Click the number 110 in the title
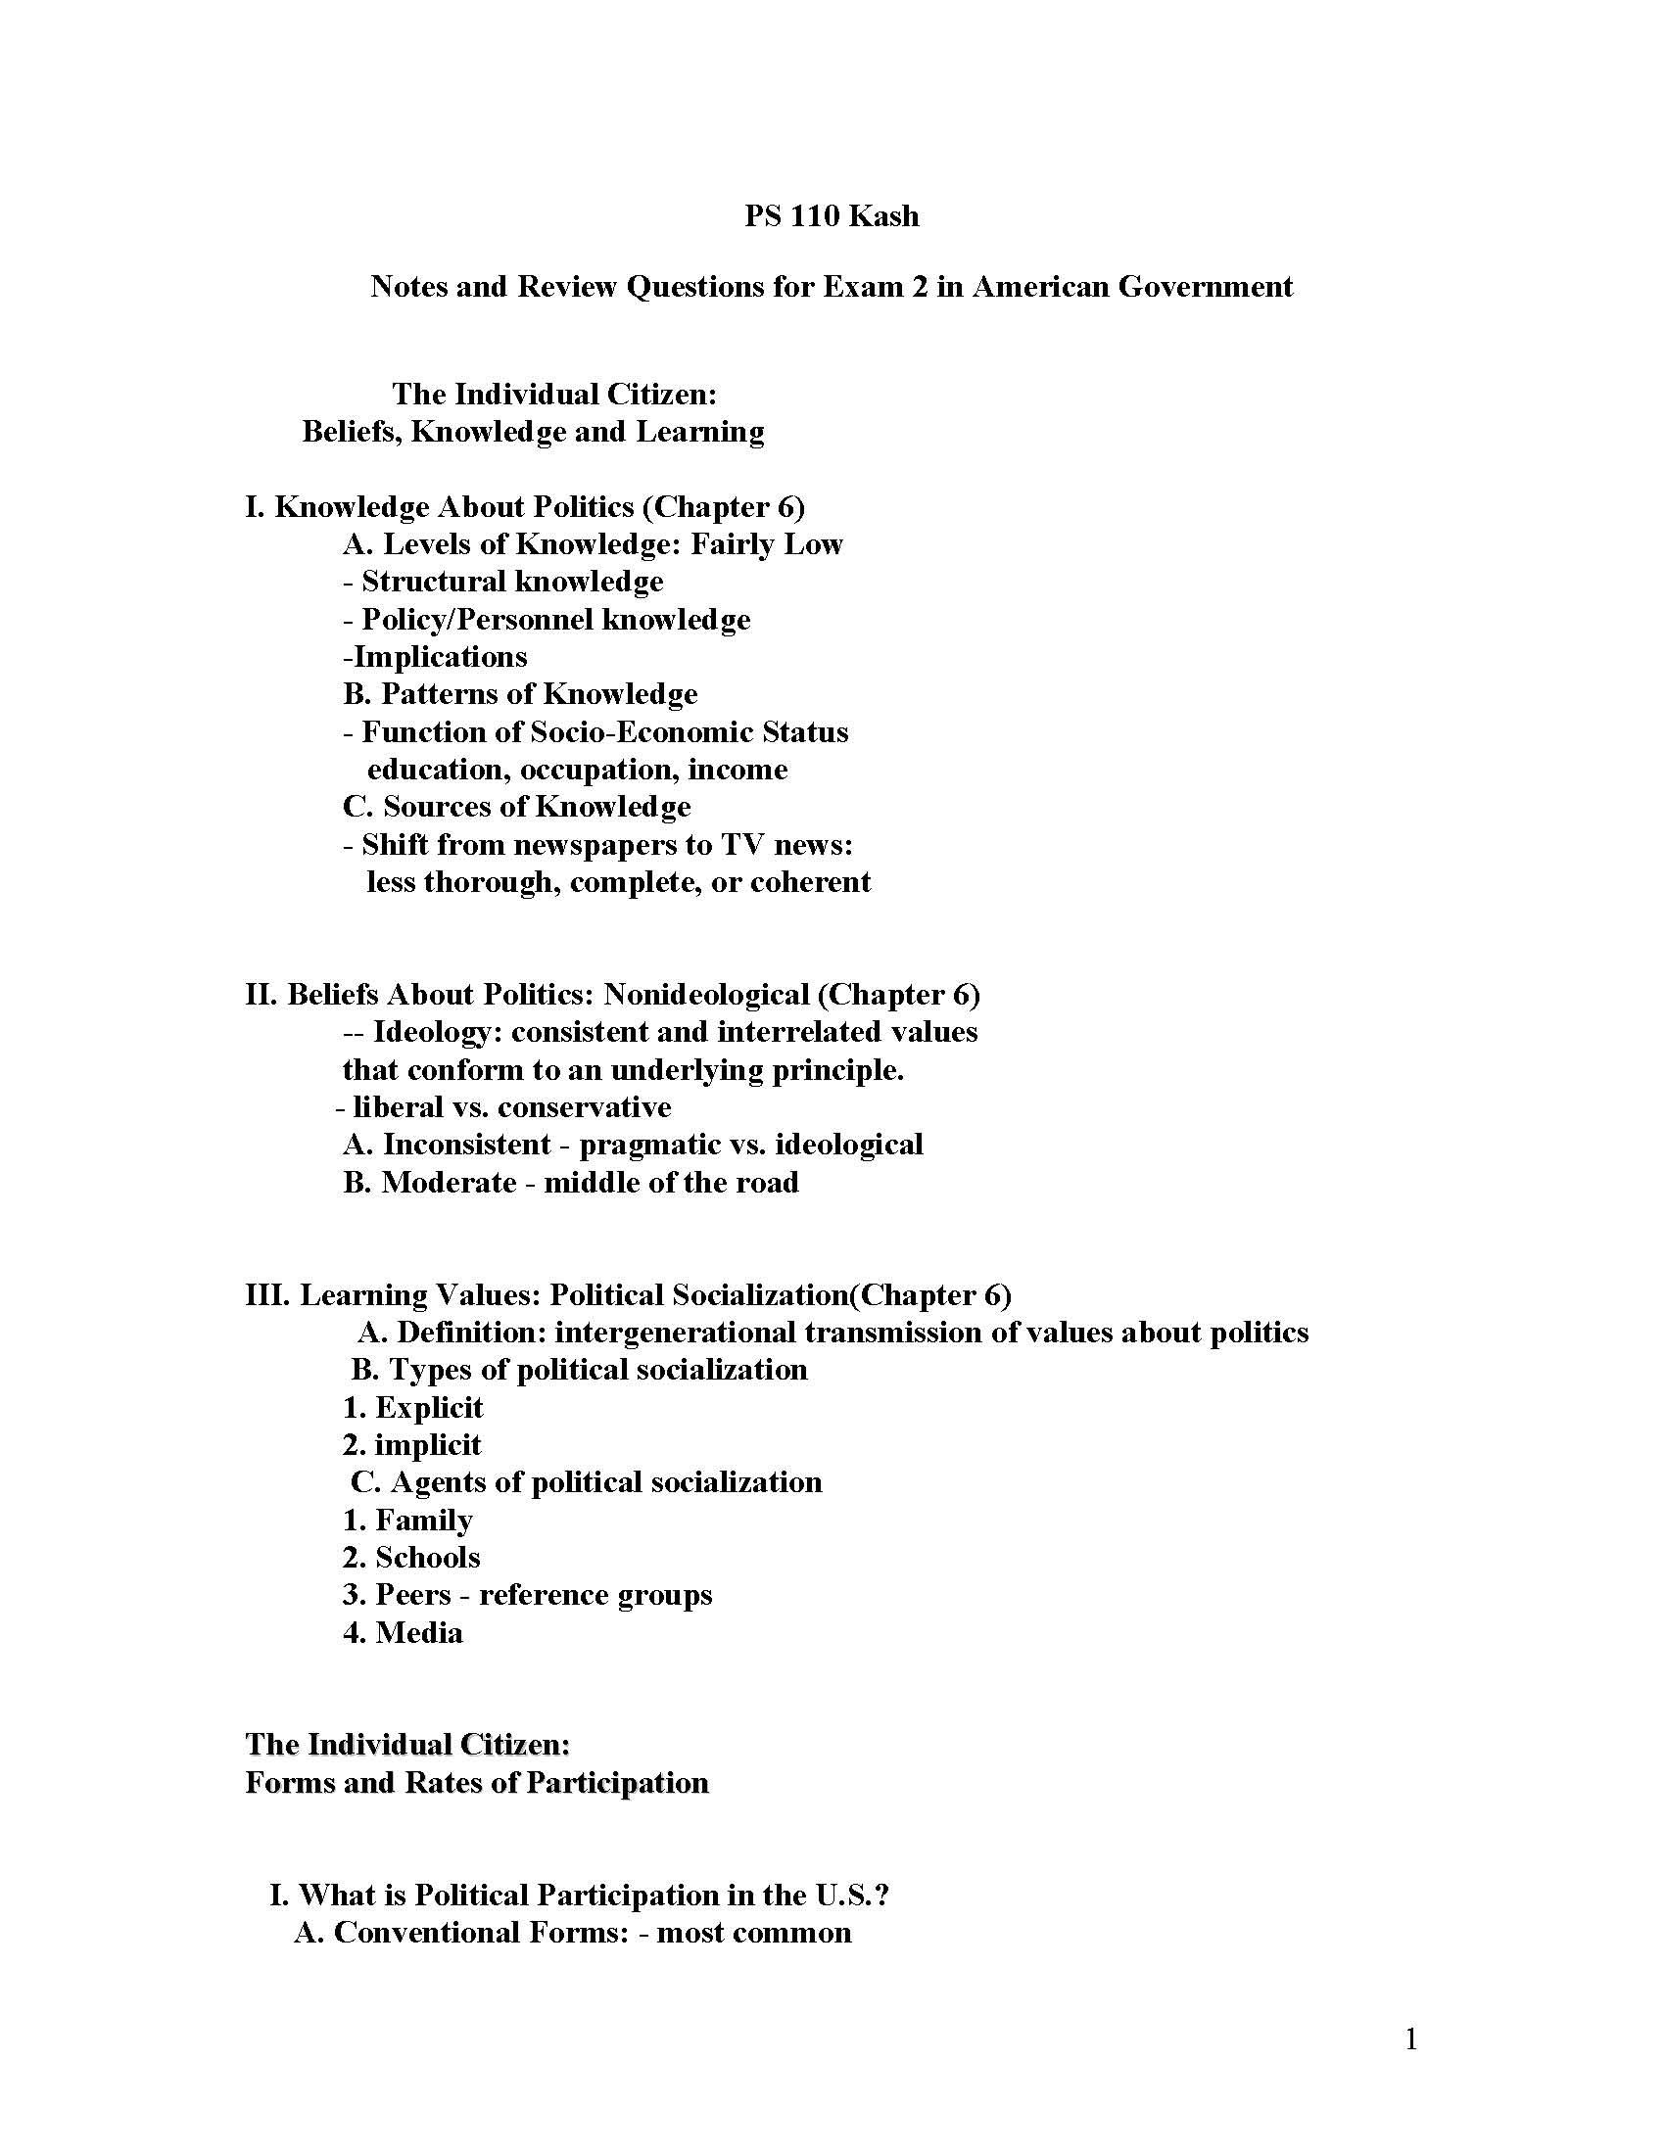814,216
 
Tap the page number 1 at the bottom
1410,2038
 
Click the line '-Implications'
435,657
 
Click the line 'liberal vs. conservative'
503,1107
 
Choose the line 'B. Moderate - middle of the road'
570,1183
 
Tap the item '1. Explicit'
413,1407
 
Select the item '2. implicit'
412,1445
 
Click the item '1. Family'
407,1520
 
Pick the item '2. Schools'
411,1558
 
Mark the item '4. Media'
403,1633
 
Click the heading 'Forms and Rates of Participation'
476,1783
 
